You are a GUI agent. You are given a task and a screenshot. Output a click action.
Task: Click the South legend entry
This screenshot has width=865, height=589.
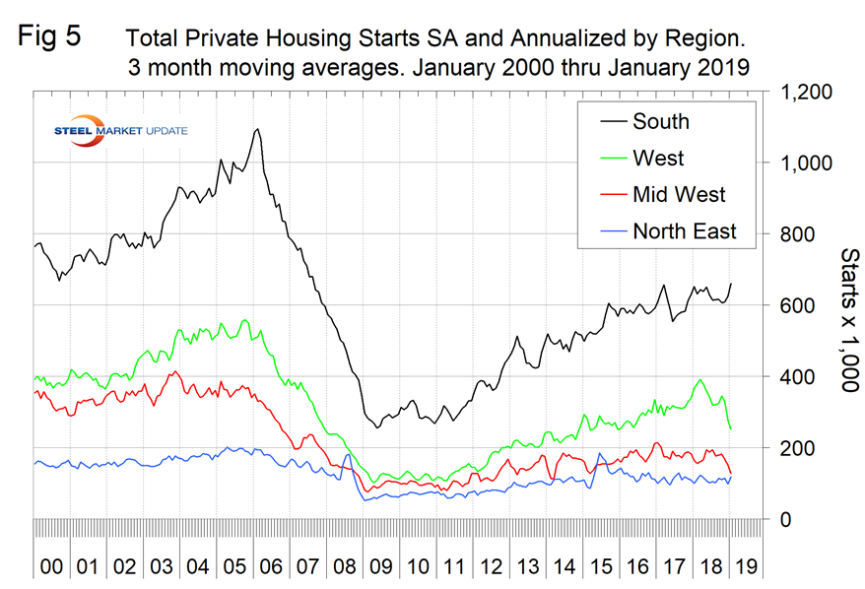[x=661, y=122]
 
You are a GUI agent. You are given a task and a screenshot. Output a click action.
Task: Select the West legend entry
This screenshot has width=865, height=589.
[x=658, y=159]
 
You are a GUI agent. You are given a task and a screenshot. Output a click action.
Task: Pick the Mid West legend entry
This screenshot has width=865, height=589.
[x=679, y=195]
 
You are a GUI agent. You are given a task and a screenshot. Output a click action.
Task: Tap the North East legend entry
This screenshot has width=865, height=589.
[x=685, y=231]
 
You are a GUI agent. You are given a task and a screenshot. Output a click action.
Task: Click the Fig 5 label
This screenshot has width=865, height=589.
[x=51, y=38]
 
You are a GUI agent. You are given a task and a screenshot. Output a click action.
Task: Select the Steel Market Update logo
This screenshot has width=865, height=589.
[x=118, y=131]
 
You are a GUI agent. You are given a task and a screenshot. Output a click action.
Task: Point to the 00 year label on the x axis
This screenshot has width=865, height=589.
[x=51, y=568]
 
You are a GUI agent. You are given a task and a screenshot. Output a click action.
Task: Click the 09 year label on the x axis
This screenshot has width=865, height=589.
[x=378, y=568]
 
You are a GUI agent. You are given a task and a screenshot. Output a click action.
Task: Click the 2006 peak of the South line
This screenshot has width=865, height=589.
[x=257, y=129]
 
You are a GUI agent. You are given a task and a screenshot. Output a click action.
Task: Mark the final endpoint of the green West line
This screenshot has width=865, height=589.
[x=730, y=428]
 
